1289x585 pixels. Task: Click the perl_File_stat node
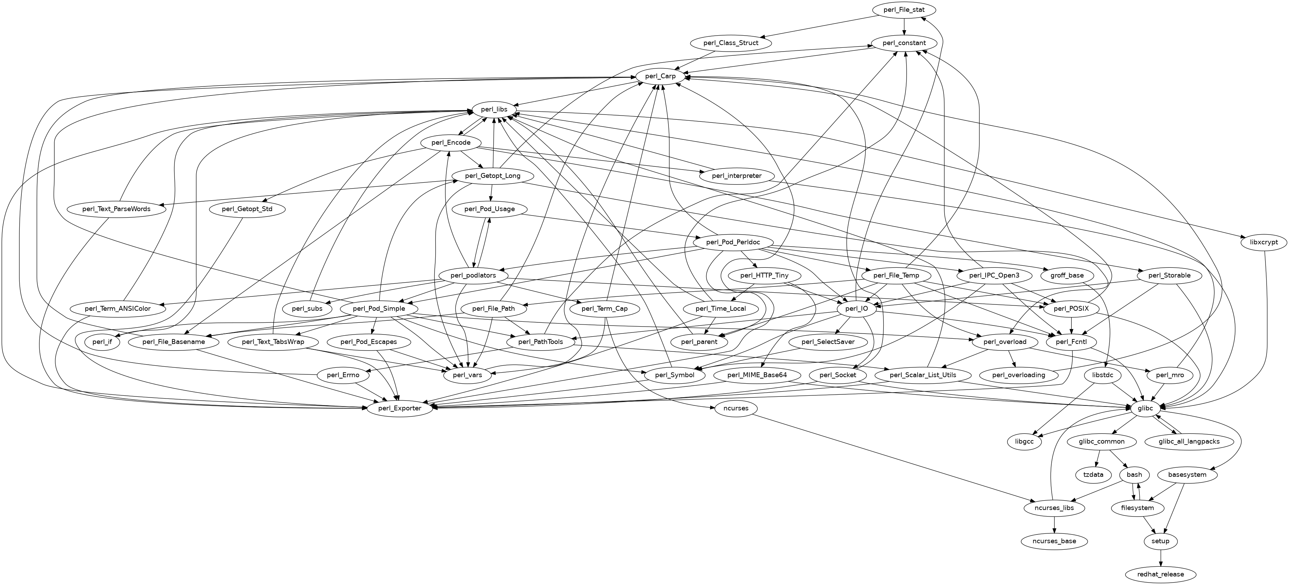904,10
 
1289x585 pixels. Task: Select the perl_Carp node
661,76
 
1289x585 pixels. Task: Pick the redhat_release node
1160,574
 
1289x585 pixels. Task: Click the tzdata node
1093,474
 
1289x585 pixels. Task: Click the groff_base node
1067,275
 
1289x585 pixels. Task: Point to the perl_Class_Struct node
731,43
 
